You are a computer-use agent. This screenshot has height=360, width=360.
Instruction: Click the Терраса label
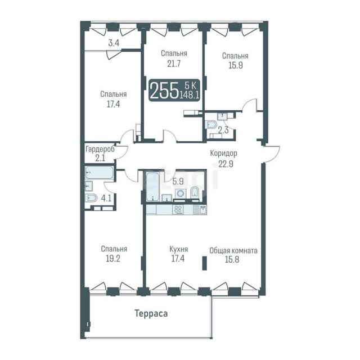(151, 313)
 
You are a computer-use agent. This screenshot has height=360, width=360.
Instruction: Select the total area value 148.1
(189, 94)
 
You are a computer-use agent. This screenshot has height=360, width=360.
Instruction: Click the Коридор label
(224, 153)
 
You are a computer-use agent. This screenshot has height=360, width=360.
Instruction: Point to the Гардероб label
(100, 149)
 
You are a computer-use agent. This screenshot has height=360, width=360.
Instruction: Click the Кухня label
(179, 249)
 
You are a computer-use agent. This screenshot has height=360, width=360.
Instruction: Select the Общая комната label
(233, 250)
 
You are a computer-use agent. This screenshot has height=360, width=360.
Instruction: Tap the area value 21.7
(174, 64)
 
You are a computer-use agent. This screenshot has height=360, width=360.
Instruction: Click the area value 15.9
(236, 65)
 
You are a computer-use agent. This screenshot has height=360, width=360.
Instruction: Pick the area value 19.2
(113, 259)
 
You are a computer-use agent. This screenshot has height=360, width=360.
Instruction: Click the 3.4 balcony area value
(114, 43)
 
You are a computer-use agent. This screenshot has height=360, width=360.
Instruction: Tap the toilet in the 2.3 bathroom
(211, 125)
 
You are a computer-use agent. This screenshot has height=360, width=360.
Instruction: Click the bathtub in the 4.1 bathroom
(99, 173)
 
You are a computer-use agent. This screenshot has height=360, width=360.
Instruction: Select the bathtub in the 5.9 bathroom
(152, 187)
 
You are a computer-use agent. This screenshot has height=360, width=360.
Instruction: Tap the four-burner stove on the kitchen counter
(178, 210)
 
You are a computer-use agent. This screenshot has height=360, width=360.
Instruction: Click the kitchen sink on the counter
(200, 210)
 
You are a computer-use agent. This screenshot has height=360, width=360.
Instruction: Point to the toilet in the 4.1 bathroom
(91, 198)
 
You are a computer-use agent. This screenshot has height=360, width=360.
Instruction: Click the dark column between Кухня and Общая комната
(204, 263)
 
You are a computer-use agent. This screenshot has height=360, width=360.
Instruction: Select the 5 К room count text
(191, 85)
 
